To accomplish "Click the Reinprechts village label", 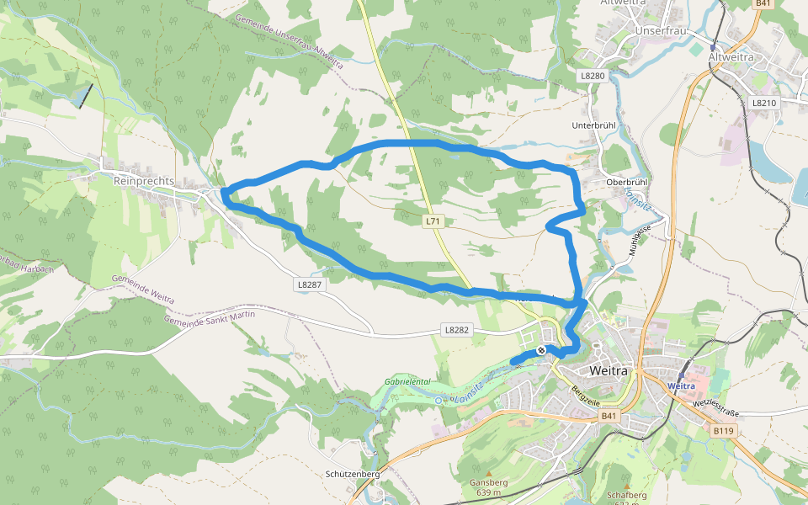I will (144, 181).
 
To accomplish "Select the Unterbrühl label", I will (594, 125).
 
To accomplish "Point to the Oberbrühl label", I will (626, 182).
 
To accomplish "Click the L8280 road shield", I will (593, 76).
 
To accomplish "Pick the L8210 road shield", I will (763, 103).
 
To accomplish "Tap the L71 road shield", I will (433, 221).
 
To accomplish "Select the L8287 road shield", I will (309, 284).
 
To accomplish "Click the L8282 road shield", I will (455, 330).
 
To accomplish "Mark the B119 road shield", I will (723, 431).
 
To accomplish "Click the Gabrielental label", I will (407, 381).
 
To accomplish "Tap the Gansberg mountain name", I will (488, 482).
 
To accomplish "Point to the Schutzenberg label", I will (353, 474).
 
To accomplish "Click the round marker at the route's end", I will (543, 350).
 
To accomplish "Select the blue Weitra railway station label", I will (680, 385).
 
